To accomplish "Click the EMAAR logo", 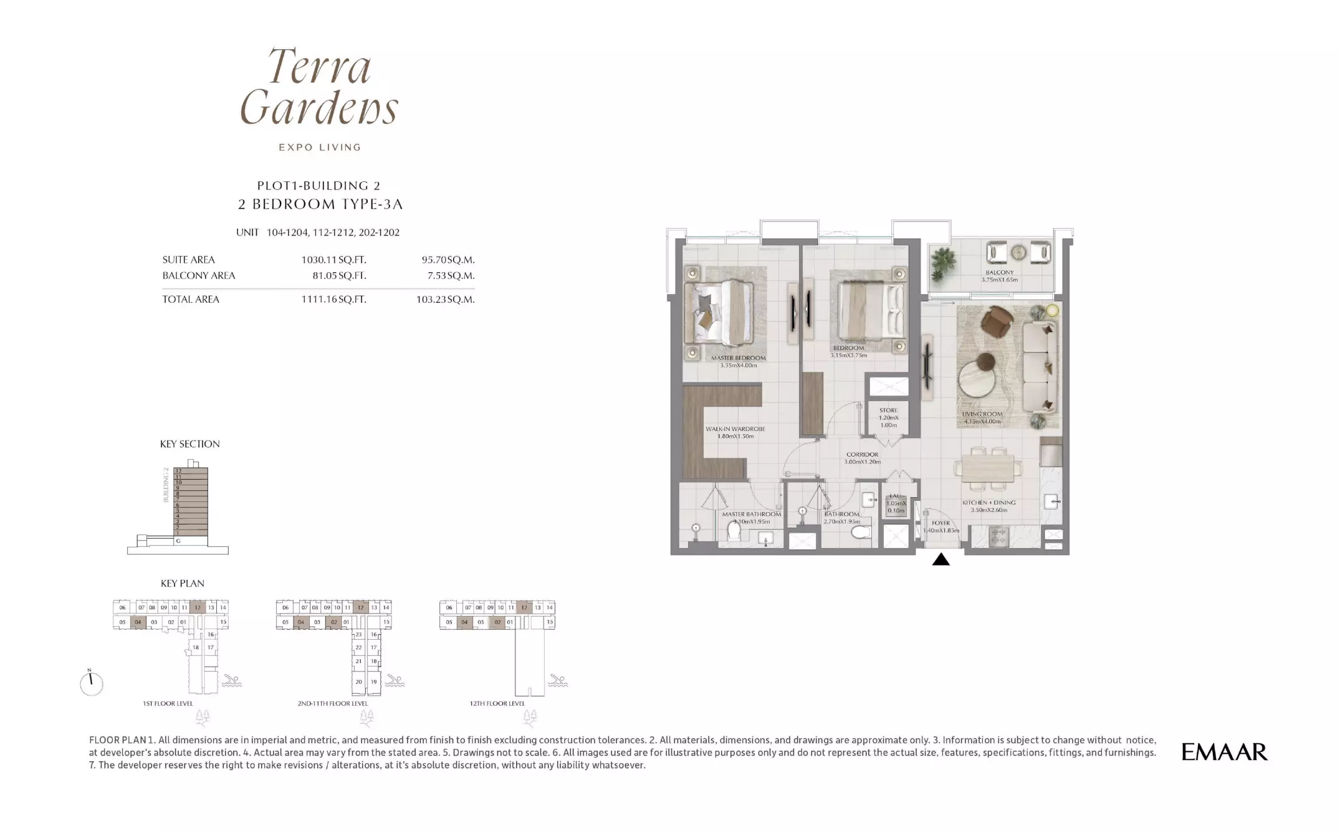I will tap(1223, 752).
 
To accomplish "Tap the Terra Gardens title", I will tap(319, 87).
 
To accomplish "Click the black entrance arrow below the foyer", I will tap(940, 560).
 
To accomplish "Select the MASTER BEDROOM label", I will tap(738, 358).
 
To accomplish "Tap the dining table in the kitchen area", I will tap(988, 468).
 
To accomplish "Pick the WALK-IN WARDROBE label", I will tap(735, 429).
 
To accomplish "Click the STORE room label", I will tap(888, 411).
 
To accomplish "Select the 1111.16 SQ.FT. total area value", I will tap(333, 300).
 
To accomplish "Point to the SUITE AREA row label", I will tap(188, 260).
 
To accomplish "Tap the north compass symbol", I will tap(91, 683).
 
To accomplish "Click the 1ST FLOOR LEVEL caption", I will tap(168, 703).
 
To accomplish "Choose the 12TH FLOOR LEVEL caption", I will tap(497, 703).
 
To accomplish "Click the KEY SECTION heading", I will tap(189, 444).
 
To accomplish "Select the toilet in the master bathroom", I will tap(734, 531).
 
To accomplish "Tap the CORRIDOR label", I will tap(862, 455).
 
